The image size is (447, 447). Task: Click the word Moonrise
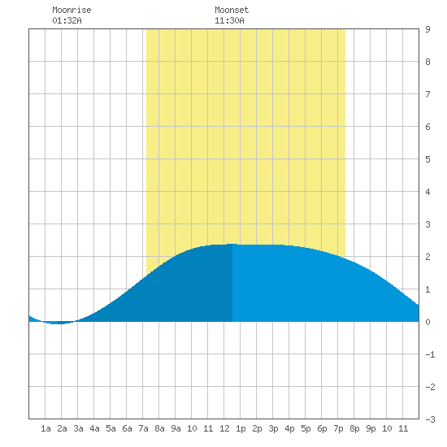[72, 10]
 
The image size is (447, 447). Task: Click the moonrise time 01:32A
[67, 20]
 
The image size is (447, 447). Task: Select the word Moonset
[232, 10]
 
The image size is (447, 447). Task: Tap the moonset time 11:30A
[229, 20]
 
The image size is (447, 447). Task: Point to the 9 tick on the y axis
[427, 29]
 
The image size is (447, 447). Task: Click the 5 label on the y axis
[427, 159]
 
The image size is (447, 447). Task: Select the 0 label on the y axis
[427, 322]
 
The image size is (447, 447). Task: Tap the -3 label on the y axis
[430, 419]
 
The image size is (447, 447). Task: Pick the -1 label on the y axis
[430, 354]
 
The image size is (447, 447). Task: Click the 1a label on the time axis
[46, 428]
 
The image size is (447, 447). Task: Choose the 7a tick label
[143, 428]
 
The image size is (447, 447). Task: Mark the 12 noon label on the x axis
[224, 428]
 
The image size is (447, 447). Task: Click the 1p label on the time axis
[241, 428]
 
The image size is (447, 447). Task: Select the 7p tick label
[338, 428]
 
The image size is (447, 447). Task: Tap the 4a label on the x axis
[94, 428]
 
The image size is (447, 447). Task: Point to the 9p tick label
[371, 428]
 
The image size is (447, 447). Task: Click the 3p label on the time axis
[273, 428]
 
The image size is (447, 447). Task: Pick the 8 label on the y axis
[427, 62]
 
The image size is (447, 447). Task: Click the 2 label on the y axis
[427, 257]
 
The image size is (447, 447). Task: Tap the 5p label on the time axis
[306, 428]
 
